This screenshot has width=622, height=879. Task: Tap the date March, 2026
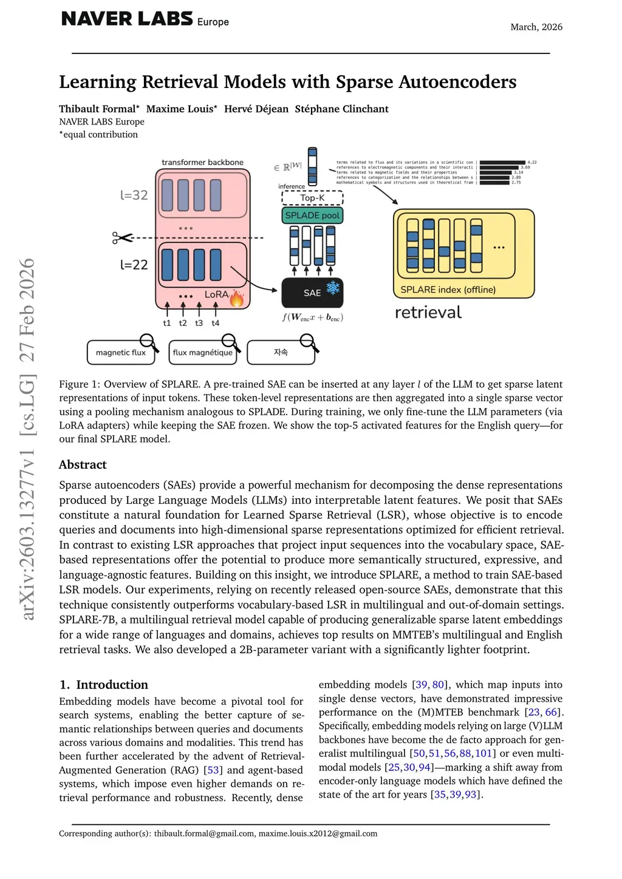click(x=536, y=27)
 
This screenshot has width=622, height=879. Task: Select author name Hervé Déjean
click(x=256, y=109)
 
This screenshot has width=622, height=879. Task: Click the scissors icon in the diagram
click(x=122, y=238)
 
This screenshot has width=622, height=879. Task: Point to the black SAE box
click(x=312, y=293)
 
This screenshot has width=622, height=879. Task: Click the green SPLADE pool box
click(x=312, y=216)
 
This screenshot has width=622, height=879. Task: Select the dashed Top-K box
click(x=312, y=198)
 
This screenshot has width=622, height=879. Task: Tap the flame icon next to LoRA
click(x=236, y=298)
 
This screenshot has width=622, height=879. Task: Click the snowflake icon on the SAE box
click(x=333, y=287)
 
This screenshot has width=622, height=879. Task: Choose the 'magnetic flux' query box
click(x=121, y=353)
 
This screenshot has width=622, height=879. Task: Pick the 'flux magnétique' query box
click(x=202, y=353)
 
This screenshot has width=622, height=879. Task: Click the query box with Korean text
click(x=281, y=353)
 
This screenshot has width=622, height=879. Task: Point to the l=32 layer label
click(x=134, y=195)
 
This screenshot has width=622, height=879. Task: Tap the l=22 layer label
click(x=134, y=265)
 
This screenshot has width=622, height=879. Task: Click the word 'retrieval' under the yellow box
click(x=428, y=313)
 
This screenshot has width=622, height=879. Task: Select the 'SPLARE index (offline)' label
click(x=448, y=290)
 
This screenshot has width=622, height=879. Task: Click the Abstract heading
click(x=83, y=464)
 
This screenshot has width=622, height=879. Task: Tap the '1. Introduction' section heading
click(x=104, y=685)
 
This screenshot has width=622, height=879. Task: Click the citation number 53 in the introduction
click(x=213, y=770)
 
